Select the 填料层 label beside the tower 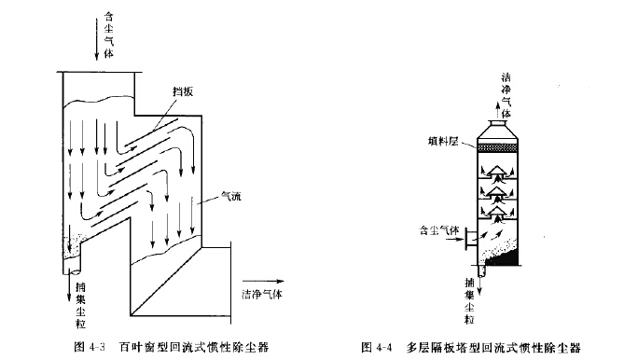[443, 145]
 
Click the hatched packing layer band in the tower [505, 147]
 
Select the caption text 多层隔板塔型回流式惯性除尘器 [493, 348]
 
